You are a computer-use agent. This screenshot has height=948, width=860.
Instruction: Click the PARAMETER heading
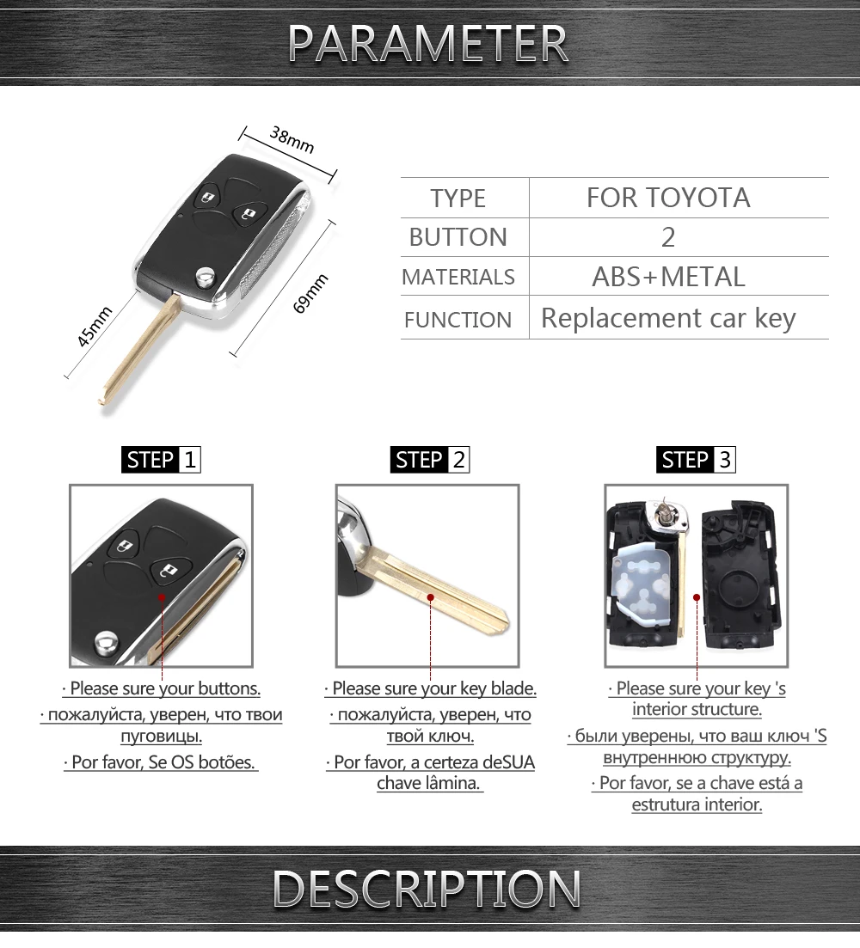[427, 42]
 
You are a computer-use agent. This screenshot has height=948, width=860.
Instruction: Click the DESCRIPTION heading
[427, 889]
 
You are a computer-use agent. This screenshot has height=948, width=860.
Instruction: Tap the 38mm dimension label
[292, 139]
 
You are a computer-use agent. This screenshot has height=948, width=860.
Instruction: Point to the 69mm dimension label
[310, 293]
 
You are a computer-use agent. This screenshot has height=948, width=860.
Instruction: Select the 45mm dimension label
[95, 326]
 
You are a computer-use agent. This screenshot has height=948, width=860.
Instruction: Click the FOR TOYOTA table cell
[668, 198]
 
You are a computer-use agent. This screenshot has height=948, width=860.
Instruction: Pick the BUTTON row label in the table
[458, 237]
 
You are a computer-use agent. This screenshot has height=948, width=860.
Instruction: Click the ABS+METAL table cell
[668, 277]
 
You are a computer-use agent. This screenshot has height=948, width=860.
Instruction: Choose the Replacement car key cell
[668, 318]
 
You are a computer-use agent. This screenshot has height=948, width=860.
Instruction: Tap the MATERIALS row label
[458, 277]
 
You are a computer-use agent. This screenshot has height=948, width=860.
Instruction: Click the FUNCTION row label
[458, 320]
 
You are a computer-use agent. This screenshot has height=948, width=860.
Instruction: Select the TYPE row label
[458, 198]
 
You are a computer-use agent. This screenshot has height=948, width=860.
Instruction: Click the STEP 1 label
[162, 460]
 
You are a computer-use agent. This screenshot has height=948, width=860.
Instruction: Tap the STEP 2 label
[430, 460]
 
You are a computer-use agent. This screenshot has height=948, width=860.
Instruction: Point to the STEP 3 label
[696, 460]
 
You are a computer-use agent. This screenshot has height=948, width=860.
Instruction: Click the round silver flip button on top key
[205, 275]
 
